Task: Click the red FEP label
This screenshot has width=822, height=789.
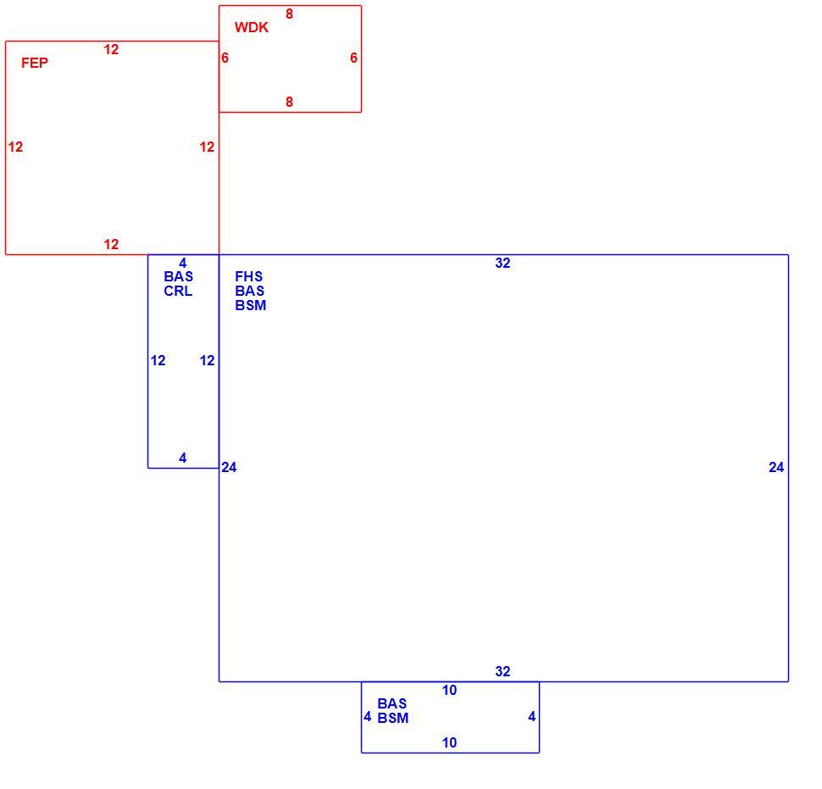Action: tap(35, 63)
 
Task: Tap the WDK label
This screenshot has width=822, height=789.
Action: tap(252, 27)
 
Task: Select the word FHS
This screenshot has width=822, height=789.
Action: tap(248, 276)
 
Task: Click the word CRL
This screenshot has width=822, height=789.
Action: tap(178, 291)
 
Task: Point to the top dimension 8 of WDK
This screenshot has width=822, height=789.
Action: tap(289, 14)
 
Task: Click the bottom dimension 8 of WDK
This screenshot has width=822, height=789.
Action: tap(289, 103)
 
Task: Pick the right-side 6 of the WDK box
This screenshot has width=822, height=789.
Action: tap(354, 58)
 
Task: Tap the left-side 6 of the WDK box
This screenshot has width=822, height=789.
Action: tap(225, 58)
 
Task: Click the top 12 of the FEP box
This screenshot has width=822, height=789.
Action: tap(111, 49)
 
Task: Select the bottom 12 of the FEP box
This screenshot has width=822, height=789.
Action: tap(111, 244)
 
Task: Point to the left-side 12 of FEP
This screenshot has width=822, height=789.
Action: tap(16, 147)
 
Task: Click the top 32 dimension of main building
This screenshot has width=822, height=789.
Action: tap(503, 264)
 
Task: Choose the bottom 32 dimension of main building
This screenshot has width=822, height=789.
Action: tap(503, 671)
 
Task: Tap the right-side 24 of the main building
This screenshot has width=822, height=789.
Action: tap(776, 468)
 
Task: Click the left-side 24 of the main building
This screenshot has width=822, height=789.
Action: tap(229, 468)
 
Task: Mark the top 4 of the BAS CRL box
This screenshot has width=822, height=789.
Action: tap(182, 264)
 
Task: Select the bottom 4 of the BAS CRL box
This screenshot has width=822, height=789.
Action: tap(182, 458)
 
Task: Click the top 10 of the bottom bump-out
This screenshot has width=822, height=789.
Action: tap(449, 691)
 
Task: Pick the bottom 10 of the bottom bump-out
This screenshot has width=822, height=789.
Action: tap(449, 743)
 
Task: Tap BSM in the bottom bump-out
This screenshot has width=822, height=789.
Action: tap(393, 718)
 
